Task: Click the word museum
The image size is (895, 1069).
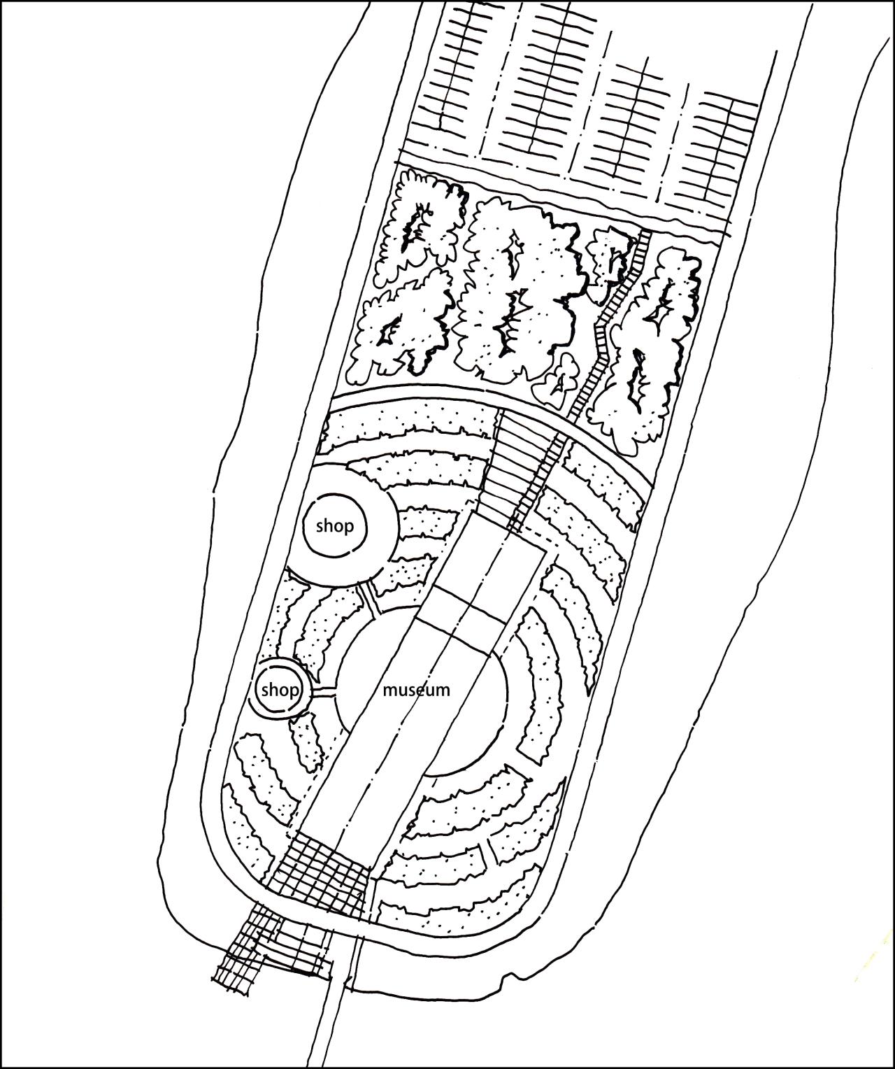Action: click(x=417, y=690)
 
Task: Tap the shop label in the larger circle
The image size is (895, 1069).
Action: click(x=335, y=527)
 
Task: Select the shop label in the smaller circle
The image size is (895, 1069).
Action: click(x=280, y=691)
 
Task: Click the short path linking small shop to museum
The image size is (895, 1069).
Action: click(x=324, y=692)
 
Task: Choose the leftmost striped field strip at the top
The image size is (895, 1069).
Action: click(x=450, y=77)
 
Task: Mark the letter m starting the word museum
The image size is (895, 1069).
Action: click(x=389, y=691)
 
